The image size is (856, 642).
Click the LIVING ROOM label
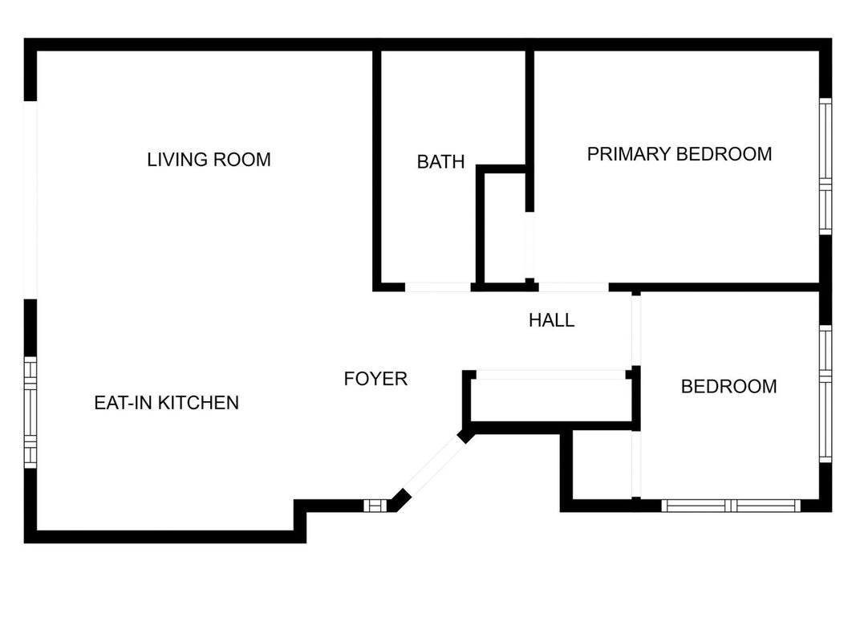(x=209, y=160)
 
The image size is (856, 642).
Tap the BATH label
(x=440, y=161)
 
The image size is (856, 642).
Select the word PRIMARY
(x=629, y=154)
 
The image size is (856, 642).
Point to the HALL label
(x=551, y=320)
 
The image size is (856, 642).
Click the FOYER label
(x=375, y=379)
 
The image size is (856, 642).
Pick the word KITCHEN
(x=198, y=403)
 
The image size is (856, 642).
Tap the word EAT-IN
(x=124, y=403)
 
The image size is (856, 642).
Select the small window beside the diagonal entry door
(x=375, y=506)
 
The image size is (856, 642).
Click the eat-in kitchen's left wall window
(x=30, y=412)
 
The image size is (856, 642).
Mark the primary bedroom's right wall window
(x=826, y=166)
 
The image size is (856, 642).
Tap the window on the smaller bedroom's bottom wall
(x=731, y=506)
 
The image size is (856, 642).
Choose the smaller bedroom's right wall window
(x=826, y=393)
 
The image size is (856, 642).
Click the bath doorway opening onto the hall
(x=438, y=287)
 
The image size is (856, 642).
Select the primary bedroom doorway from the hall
(x=574, y=287)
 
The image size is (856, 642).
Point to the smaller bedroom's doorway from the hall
(x=636, y=331)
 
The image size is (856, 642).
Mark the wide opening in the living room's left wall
(x=30, y=200)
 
